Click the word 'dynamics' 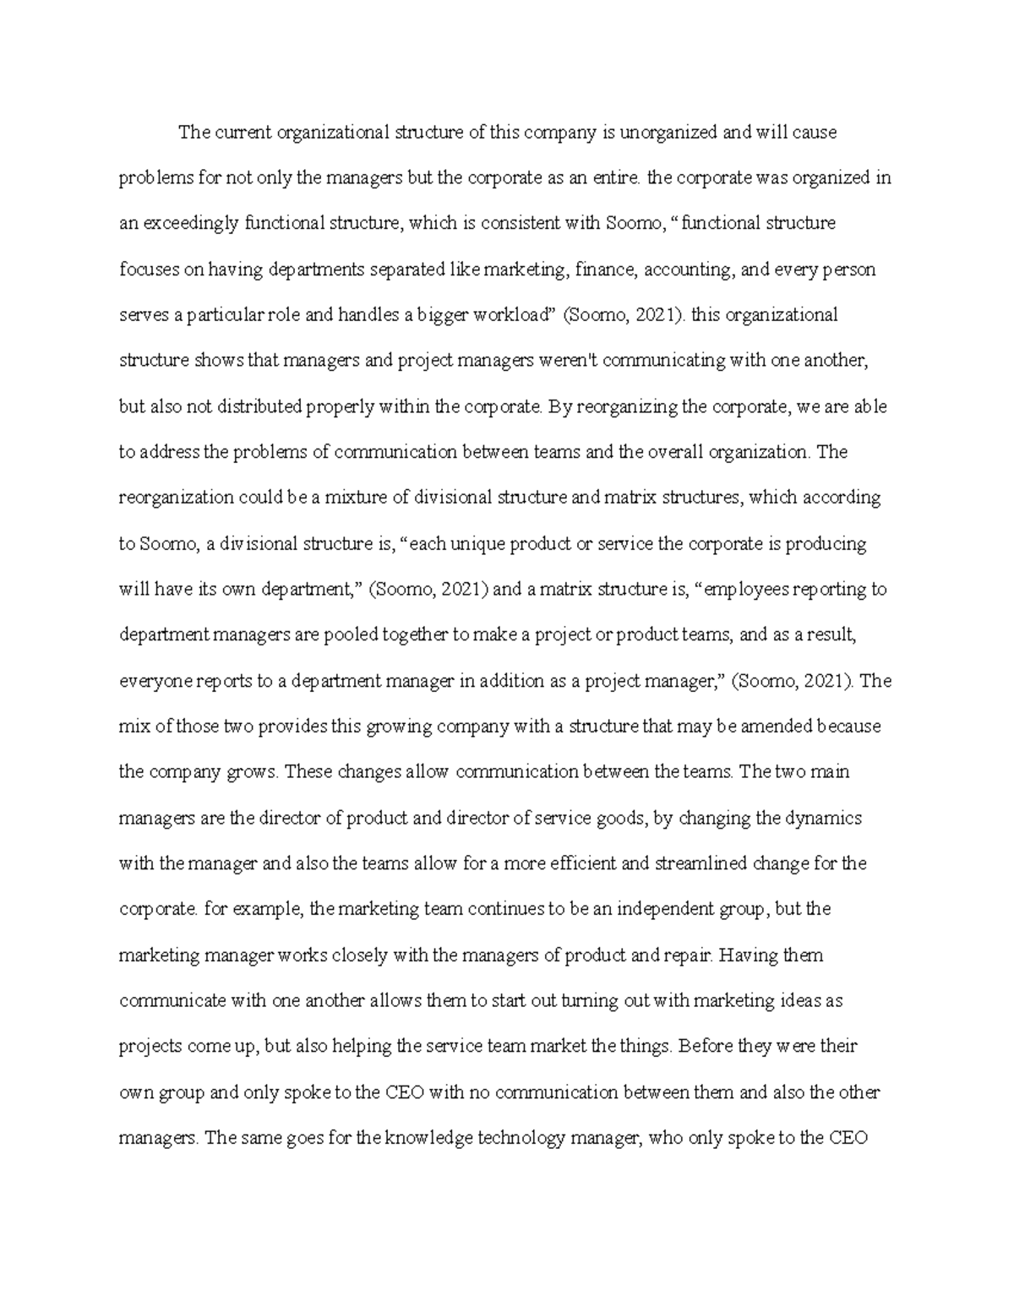tap(824, 818)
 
